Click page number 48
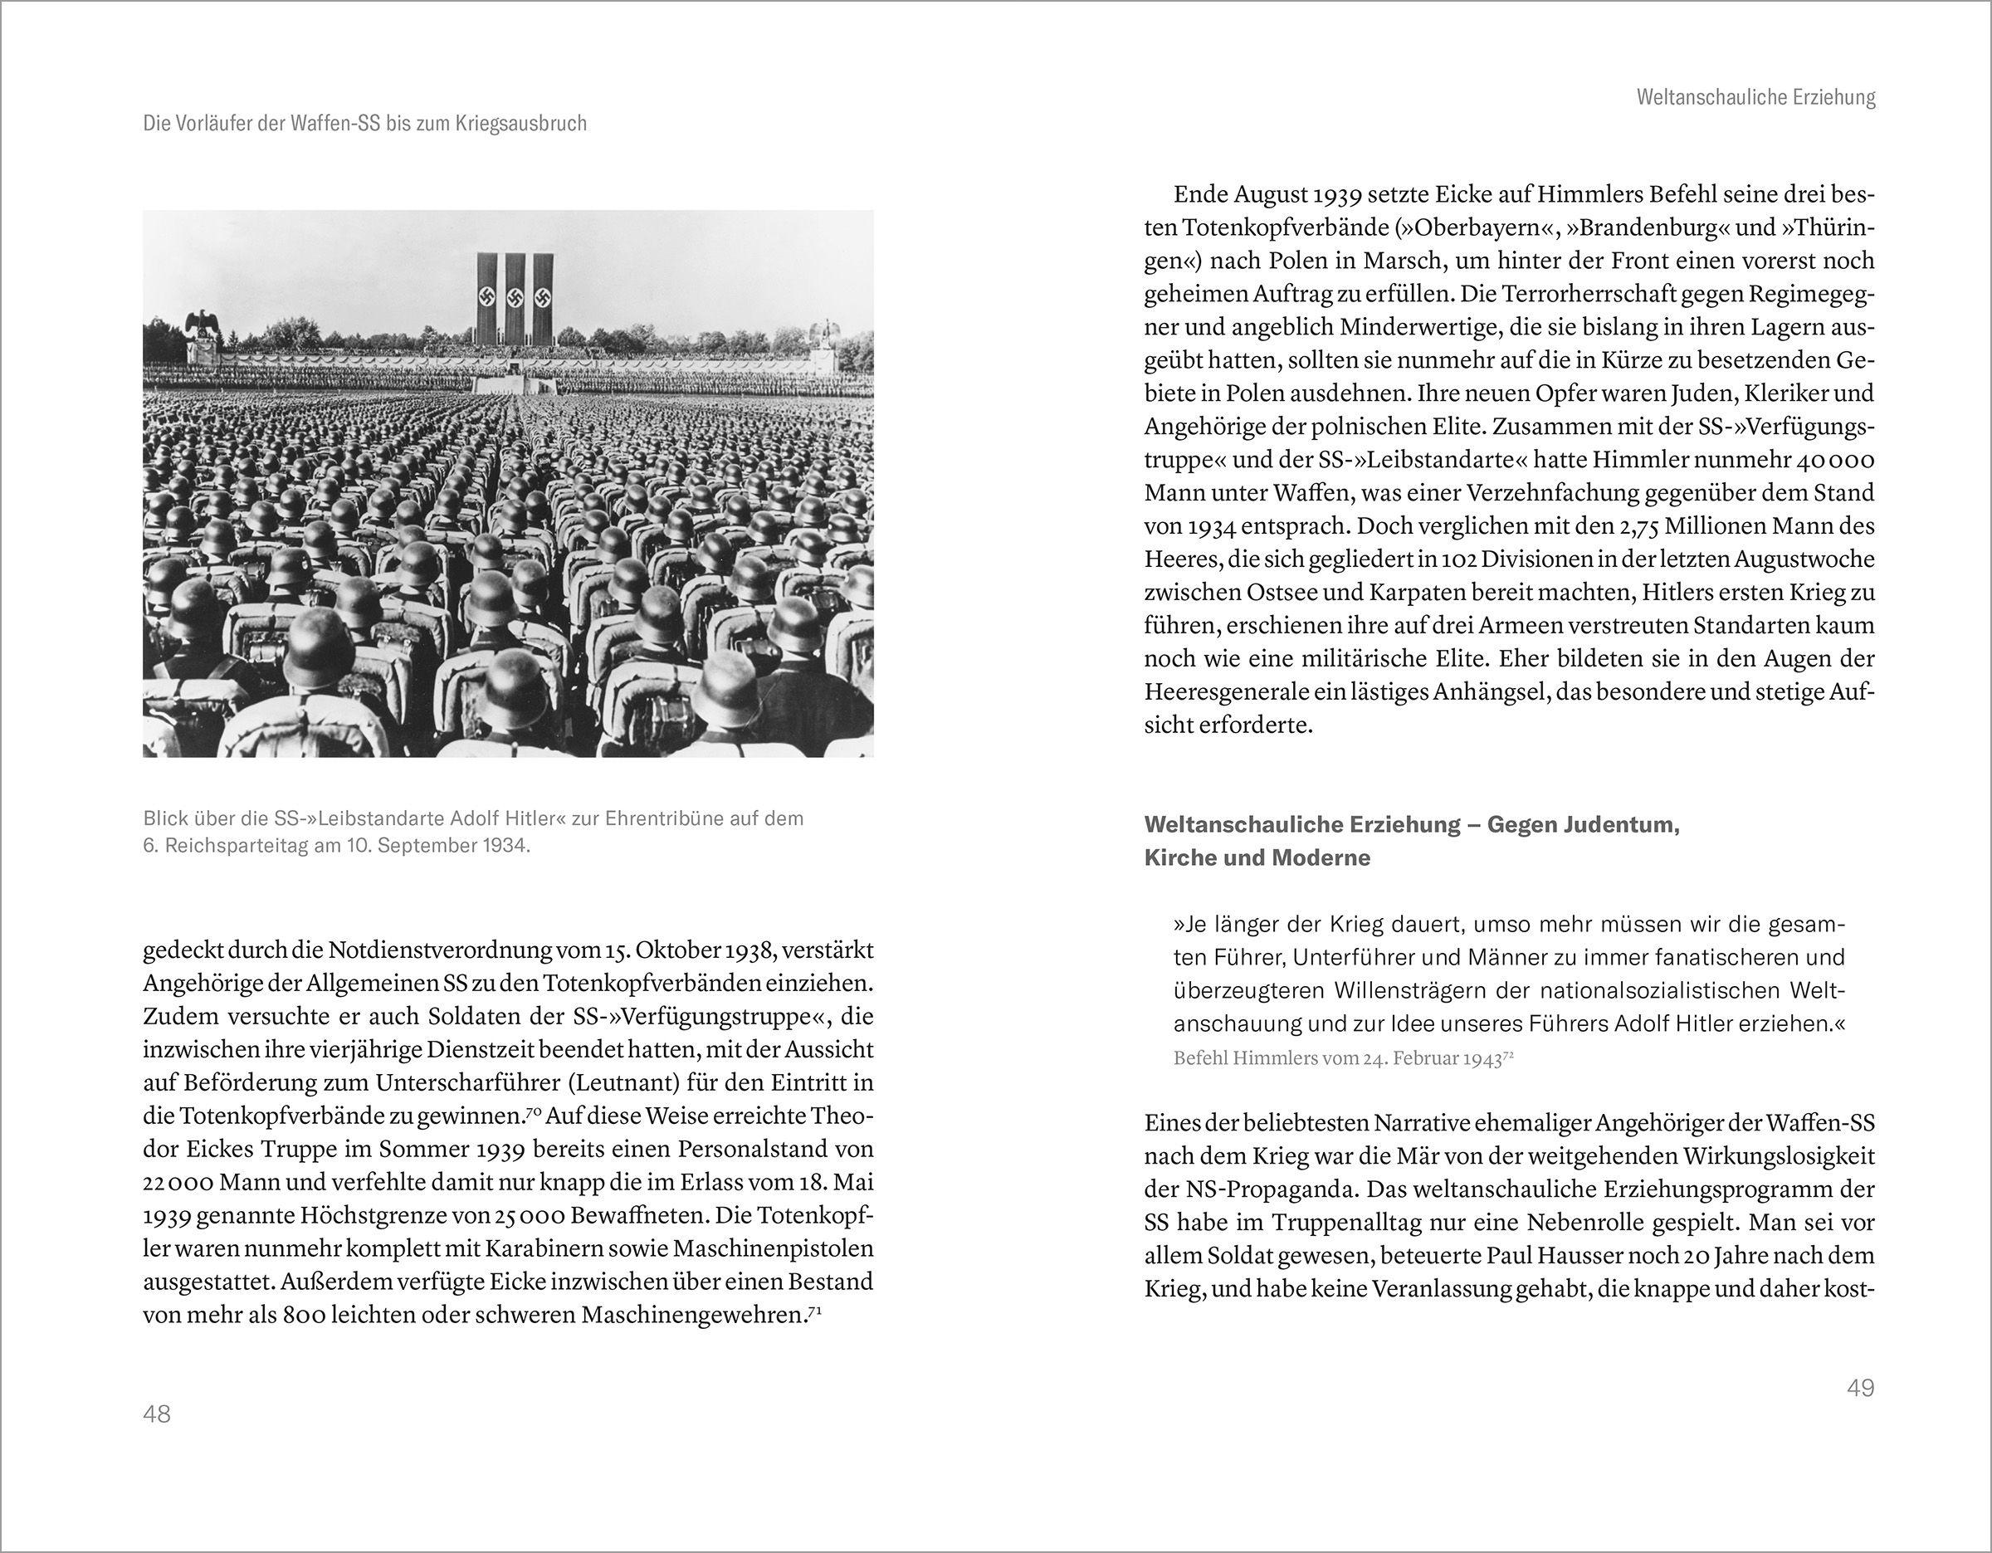(x=157, y=1414)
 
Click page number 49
(x=1861, y=1388)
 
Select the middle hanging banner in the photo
(x=515, y=298)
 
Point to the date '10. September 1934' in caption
(x=437, y=845)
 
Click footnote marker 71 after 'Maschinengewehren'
(x=815, y=1311)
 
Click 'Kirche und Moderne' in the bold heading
(x=1257, y=858)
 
